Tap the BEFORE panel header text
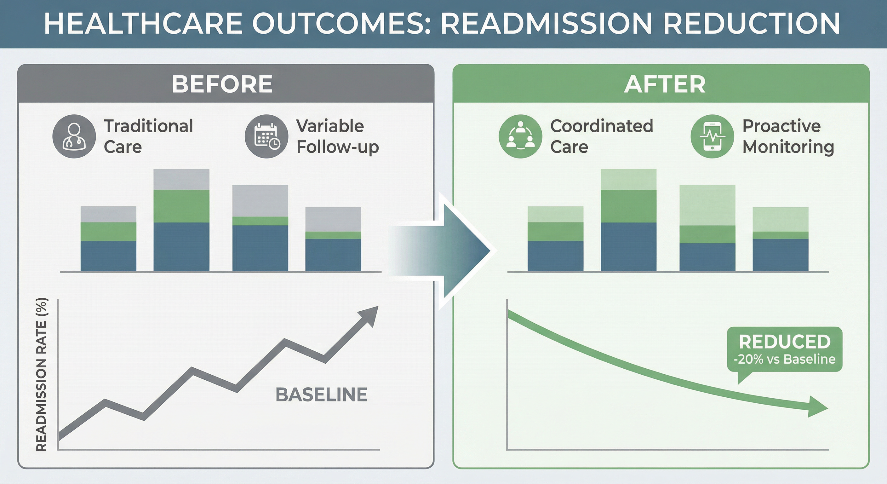pyautogui.click(x=222, y=84)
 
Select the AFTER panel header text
pyautogui.click(x=665, y=84)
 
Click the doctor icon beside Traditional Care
pyautogui.click(x=74, y=136)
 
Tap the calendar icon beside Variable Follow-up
pyautogui.click(x=266, y=136)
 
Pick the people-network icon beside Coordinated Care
pyautogui.click(x=520, y=136)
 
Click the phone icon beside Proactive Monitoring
pyautogui.click(x=712, y=136)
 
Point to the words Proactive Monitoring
pyautogui.click(x=788, y=136)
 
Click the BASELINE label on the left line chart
pyautogui.click(x=321, y=395)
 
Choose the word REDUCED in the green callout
pyautogui.click(x=785, y=342)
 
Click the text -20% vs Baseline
pyautogui.click(x=785, y=359)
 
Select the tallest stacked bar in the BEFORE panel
pyautogui.click(x=181, y=221)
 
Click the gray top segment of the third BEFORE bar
pyautogui.click(x=260, y=200)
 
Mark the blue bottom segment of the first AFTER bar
pyautogui.click(x=555, y=256)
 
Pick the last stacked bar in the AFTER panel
pyautogui.click(x=780, y=239)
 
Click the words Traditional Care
pyautogui.click(x=148, y=136)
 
